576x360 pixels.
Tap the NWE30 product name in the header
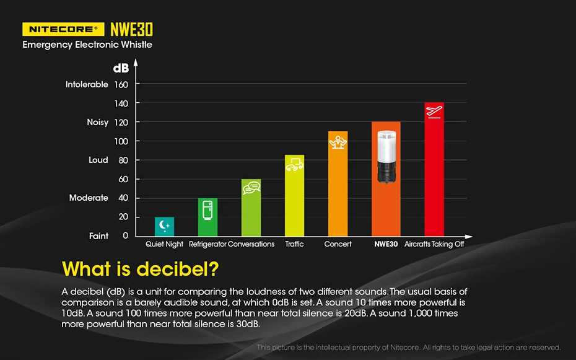click(131, 29)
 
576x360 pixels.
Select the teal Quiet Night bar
click(164, 227)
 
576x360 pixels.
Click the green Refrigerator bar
click(207, 218)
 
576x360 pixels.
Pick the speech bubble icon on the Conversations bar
click(251, 188)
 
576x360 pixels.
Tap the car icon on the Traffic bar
click(294, 164)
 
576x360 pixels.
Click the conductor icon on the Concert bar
click(338, 143)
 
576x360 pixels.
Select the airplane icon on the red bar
click(434, 112)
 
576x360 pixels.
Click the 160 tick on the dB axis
click(121, 84)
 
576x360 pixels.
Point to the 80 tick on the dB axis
click(123, 160)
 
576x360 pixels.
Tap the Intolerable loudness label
click(87, 84)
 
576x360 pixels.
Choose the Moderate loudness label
click(89, 198)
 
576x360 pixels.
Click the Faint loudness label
click(98, 236)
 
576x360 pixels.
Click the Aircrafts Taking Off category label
click(434, 244)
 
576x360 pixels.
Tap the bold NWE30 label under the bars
click(386, 244)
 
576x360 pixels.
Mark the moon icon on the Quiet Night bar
click(164, 224)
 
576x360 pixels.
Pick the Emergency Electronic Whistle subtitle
click(87, 45)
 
